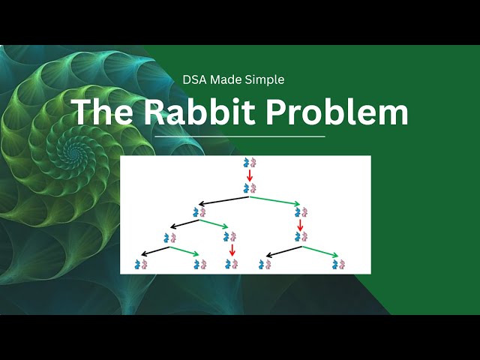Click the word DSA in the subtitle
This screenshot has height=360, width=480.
[195, 79]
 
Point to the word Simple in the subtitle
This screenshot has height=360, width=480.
[265, 79]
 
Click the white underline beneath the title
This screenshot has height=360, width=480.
[240, 136]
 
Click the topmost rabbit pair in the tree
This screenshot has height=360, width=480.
[250, 163]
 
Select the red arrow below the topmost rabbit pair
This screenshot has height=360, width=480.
[250, 175]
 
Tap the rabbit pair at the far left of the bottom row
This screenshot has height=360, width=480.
[140, 264]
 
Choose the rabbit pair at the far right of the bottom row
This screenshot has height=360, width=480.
[339, 264]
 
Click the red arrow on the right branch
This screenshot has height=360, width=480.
[300, 225]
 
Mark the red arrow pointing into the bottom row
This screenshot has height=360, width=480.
[232, 250]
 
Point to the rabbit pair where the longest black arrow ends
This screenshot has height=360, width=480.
[199, 213]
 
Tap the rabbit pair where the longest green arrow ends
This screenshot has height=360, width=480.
[300, 213]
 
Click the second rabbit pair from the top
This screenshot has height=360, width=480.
[250, 188]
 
